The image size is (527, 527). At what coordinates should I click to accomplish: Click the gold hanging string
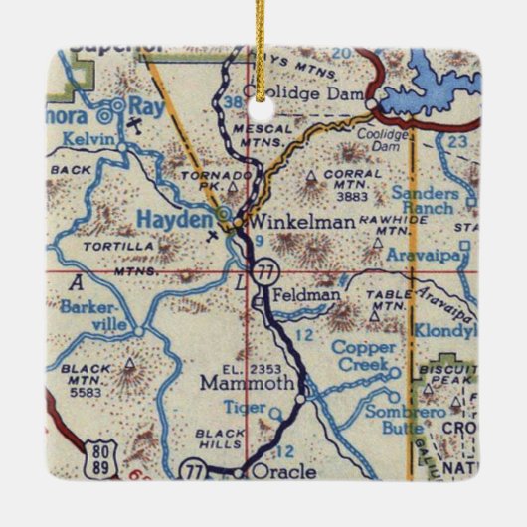(263, 40)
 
